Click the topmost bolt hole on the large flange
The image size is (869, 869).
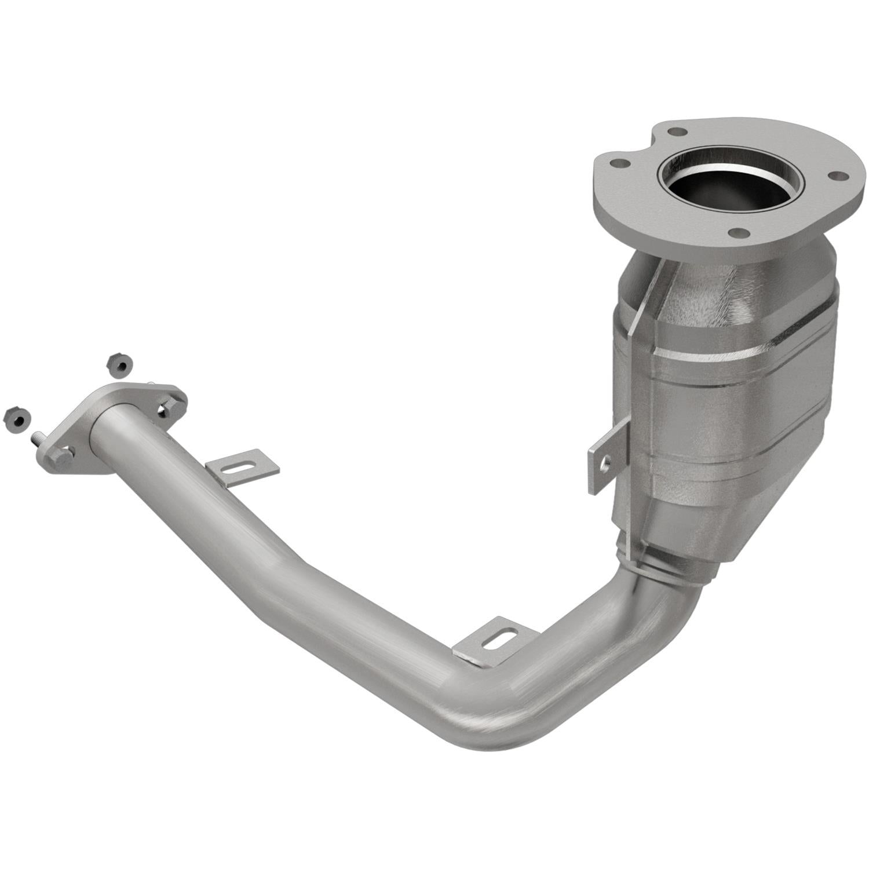coord(674,131)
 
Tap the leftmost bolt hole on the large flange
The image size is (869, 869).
coord(620,164)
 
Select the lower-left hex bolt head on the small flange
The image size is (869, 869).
coord(60,458)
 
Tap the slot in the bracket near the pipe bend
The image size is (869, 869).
coord(497,642)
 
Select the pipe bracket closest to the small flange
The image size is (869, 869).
coord(242,466)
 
